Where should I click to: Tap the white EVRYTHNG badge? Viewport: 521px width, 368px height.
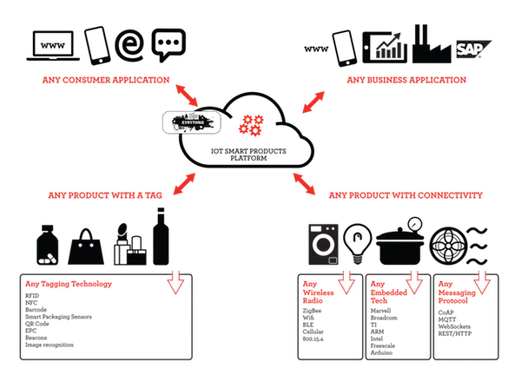click(192, 122)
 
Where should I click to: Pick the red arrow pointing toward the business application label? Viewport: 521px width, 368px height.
click(313, 99)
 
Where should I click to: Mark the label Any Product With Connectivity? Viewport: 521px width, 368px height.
click(407, 195)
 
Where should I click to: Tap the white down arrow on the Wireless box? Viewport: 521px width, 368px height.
click(346, 283)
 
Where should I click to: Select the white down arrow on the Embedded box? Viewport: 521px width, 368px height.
click(412, 282)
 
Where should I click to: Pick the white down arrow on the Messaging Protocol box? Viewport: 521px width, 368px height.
click(480, 282)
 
